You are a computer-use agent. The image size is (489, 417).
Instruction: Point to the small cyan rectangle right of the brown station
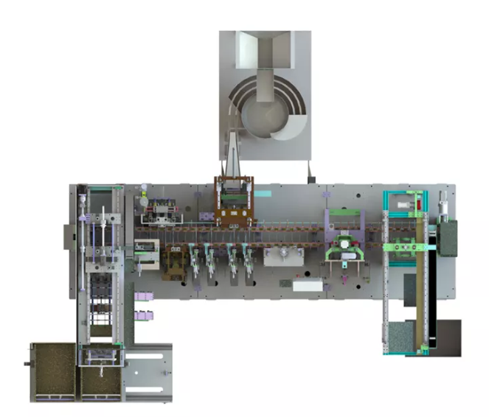pos(264,193)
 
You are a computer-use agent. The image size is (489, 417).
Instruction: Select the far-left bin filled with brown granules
pos(53,373)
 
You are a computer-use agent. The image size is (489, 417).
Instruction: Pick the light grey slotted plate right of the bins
pos(148,373)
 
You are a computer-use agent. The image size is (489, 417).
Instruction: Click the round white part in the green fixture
pos(344,243)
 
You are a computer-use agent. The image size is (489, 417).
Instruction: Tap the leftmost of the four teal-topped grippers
pos(195,253)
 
